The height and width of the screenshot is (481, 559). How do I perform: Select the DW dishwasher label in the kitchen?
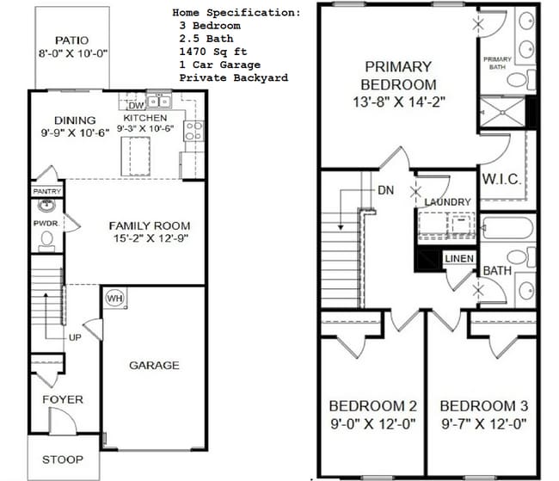(136, 106)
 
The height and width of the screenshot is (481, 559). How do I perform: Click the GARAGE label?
(154, 365)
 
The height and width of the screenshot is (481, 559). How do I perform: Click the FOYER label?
(63, 399)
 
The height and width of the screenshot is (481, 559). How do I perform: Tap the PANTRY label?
(46, 191)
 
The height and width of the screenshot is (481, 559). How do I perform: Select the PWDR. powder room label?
(45, 223)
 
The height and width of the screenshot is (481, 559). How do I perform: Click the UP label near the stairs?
(75, 337)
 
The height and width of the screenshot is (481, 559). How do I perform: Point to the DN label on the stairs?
(385, 191)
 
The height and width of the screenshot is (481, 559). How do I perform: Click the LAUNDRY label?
(447, 202)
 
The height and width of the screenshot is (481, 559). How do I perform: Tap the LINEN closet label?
(457, 258)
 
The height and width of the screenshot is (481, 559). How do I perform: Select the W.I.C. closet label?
(498, 180)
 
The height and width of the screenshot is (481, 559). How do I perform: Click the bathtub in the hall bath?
(507, 228)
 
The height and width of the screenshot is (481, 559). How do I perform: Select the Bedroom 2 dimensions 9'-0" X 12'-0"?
(372, 422)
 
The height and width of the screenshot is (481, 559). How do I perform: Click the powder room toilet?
(46, 240)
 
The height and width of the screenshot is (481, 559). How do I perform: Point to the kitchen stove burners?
(193, 130)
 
